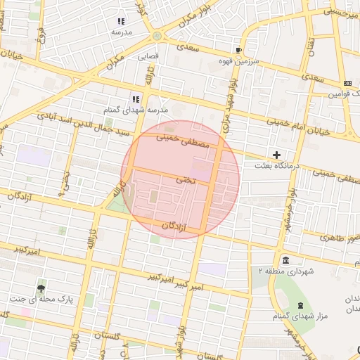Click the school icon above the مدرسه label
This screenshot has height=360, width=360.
[x=120, y=22]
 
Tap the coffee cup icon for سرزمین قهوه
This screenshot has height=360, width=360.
[x=238, y=50]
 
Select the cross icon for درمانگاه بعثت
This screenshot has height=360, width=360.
[x=276, y=155]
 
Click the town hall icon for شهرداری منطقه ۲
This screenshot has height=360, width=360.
[x=284, y=259]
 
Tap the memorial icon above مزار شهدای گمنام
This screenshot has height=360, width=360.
[x=301, y=305]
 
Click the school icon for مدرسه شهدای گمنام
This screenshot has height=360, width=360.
[x=136, y=99]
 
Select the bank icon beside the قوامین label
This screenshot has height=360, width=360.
[x=347, y=83]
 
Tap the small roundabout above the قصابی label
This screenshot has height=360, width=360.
[x=156, y=36]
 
